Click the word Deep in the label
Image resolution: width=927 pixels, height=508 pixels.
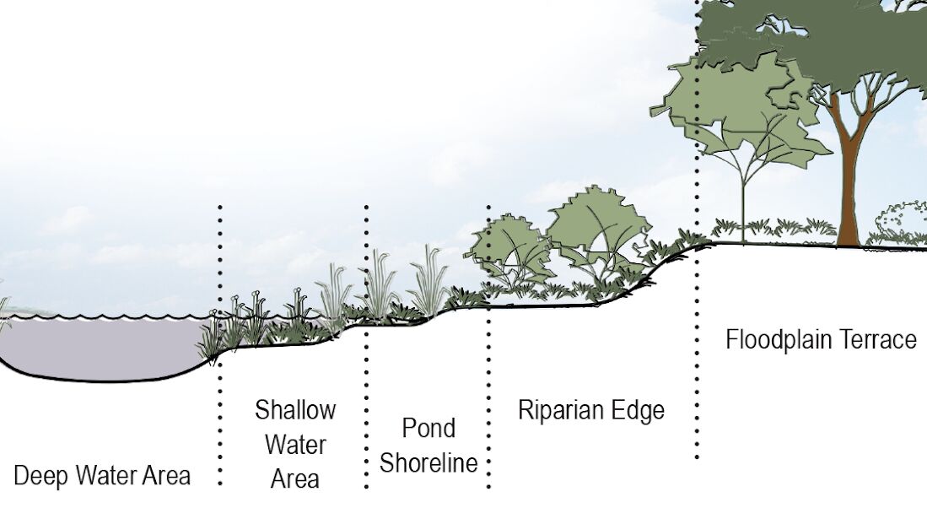[38, 475]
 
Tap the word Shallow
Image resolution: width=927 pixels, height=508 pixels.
[295, 411]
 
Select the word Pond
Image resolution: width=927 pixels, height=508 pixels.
[428, 428]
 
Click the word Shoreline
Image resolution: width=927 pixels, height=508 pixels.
[428, 462]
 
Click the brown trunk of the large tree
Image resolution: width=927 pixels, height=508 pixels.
[846, 186]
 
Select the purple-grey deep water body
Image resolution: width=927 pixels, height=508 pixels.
[101, 346]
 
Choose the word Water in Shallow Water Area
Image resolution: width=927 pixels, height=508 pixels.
[295, 445]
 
